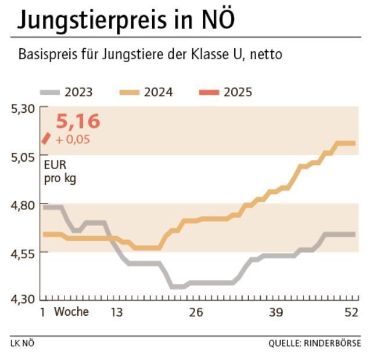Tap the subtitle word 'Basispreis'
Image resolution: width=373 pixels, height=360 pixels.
tap(45, 55)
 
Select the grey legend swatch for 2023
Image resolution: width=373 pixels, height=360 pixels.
tap(50, 92)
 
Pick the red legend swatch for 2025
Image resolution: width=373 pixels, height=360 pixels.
tap(209, 92)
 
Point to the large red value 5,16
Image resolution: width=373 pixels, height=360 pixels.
tap(78, 122)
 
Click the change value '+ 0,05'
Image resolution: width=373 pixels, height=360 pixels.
tap(73, 140)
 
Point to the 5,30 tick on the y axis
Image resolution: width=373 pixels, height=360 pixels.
tap(23, 108)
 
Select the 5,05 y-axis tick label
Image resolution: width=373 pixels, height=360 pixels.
tap(23, 156)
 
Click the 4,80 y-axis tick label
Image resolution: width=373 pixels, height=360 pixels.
tap(23, 204)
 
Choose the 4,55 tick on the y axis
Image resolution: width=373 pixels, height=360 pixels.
tap(23, 252)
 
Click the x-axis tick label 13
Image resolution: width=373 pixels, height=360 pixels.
tap(117, 312)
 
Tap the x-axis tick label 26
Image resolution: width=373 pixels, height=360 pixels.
tap(196, 312)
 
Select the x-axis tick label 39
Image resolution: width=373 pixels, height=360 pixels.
tap(275, 312)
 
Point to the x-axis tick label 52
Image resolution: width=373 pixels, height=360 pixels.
tap(351, 312)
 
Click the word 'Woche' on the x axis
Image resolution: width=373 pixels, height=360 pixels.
tap(71, 312)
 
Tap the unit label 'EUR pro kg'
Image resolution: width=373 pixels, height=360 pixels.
tap(60, 172)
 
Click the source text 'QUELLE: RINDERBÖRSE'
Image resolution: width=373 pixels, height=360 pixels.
tap(314, 343)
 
